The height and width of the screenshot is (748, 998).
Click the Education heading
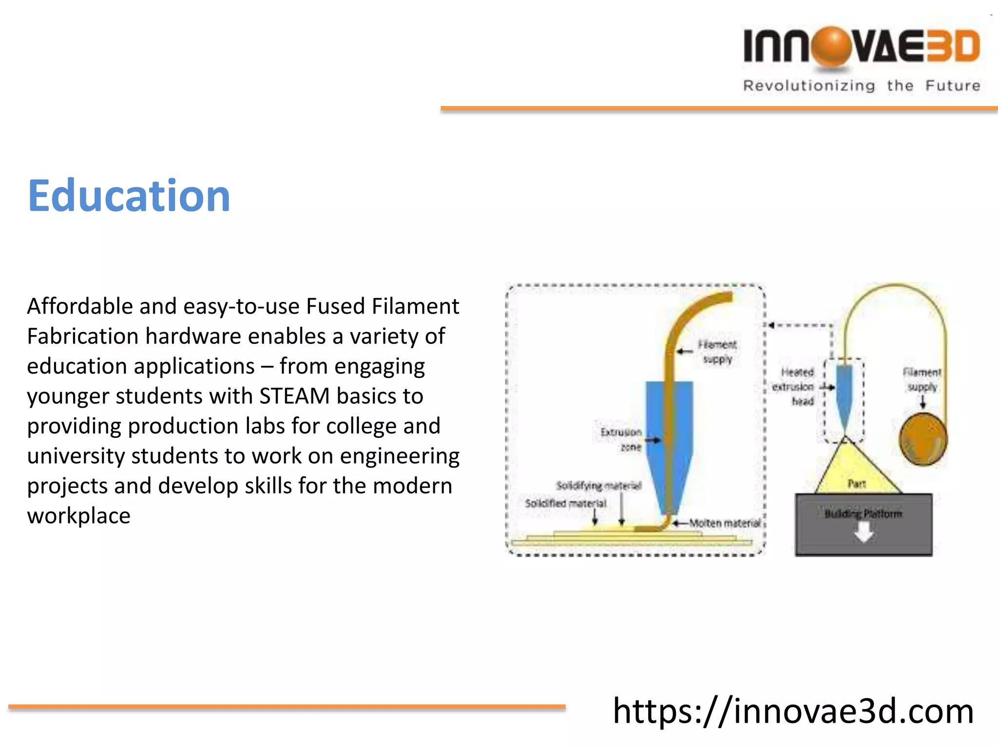129,196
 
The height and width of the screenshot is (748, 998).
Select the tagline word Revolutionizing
809,86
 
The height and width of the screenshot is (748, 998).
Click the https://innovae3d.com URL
793,711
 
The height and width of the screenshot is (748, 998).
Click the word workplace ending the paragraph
78,516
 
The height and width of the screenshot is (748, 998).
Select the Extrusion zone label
622,439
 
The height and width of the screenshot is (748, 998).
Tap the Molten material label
725,523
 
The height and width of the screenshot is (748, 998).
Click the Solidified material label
565,503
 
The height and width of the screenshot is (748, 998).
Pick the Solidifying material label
599,486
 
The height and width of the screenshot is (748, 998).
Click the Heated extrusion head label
794,387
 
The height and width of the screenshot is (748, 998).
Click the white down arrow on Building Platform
864,533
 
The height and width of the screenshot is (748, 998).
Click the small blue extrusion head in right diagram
844,394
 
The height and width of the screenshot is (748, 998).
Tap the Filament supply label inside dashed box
717,352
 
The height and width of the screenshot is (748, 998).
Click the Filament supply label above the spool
921,379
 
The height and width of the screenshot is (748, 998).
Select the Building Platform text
863,514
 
